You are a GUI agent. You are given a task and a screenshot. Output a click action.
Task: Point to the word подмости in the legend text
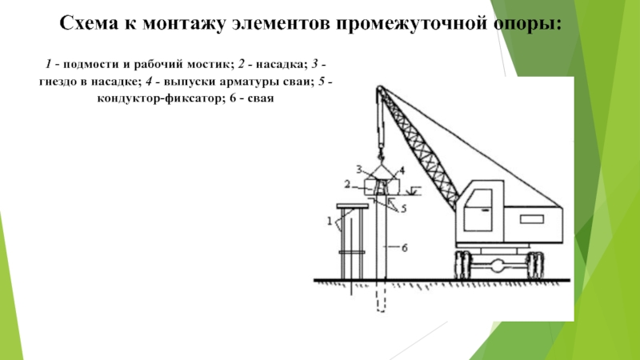pos(93,62)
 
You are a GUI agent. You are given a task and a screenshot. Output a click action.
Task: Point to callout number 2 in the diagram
pos(347,184)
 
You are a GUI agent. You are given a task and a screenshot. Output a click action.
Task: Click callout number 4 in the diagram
pos(402,170)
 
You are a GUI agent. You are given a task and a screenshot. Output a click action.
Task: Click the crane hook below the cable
pos(382,153)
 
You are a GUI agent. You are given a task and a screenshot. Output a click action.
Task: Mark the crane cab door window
pos(483,201)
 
